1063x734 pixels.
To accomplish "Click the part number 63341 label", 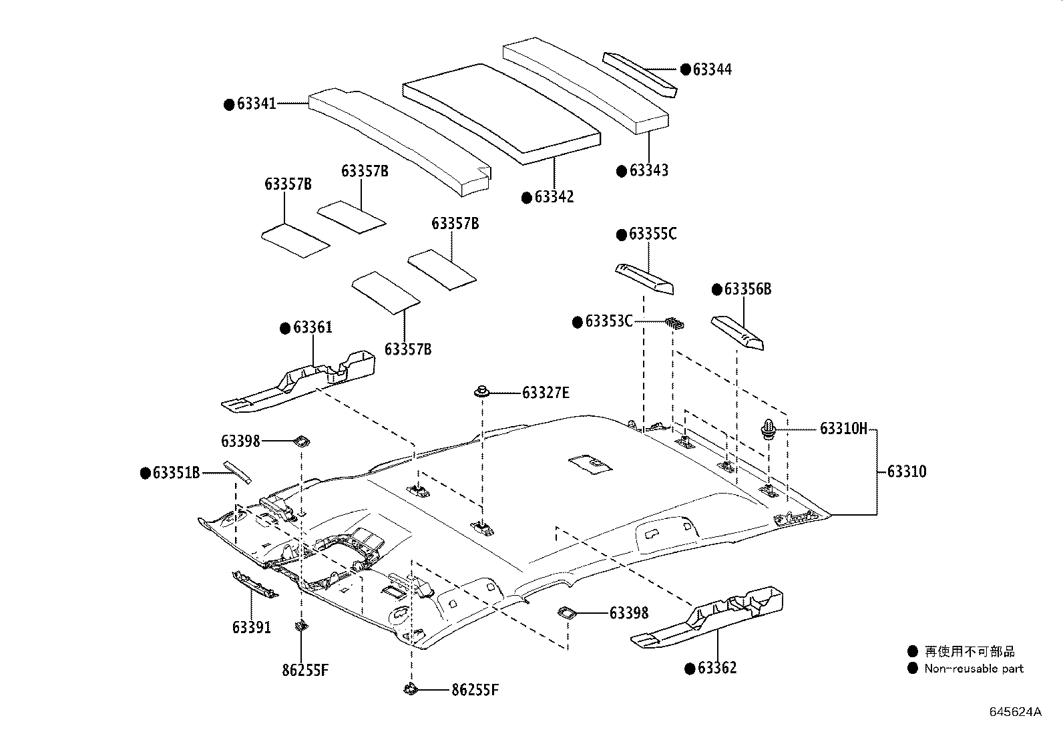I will (256, 104).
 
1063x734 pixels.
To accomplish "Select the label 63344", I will (712, 69).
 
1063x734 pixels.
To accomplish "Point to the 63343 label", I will (648, 170).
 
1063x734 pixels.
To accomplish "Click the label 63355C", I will (652, 234).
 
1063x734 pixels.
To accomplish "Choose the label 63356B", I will (747, 289).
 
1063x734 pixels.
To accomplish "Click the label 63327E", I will (546, 393).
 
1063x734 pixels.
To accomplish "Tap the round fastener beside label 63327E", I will (481, 391).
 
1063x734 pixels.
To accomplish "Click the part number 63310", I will (907, 472).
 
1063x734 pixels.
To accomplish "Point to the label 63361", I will (312, 327).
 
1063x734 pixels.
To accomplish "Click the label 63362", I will (717, 668).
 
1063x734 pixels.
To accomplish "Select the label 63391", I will (252, 627).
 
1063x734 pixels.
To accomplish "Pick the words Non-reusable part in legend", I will (974, 669).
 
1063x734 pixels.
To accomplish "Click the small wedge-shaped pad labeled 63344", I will (639, 74).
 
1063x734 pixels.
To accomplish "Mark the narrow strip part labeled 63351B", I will (238, 471).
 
